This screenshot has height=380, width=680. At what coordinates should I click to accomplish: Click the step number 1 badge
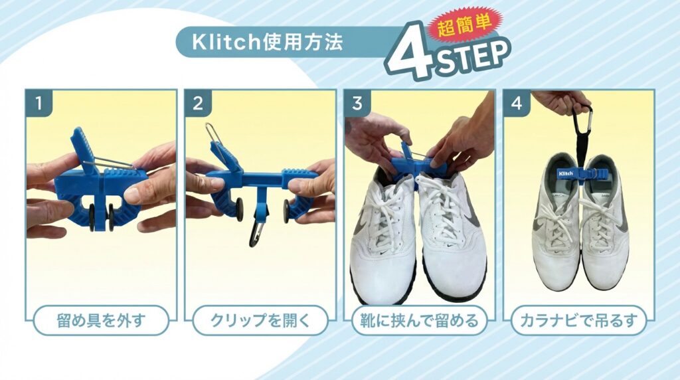point(39,103)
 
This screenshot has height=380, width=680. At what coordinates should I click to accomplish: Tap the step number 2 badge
point(198,103)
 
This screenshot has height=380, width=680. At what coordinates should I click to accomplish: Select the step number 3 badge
point(357,103)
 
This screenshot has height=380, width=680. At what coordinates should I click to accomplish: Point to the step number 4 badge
point(516,103)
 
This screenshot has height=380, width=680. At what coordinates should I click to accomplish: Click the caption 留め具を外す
point(101,321)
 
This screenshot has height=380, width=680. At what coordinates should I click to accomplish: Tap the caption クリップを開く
point(260,321)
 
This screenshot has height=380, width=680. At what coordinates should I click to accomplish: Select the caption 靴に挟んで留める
point(419,321)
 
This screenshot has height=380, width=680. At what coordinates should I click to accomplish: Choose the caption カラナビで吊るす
point(578,321)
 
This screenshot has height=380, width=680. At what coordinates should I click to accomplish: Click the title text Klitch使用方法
point(267,42)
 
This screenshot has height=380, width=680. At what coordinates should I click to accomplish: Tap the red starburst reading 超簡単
point(464,26)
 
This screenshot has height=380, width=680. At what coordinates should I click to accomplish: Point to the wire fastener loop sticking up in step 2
point(212,138)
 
